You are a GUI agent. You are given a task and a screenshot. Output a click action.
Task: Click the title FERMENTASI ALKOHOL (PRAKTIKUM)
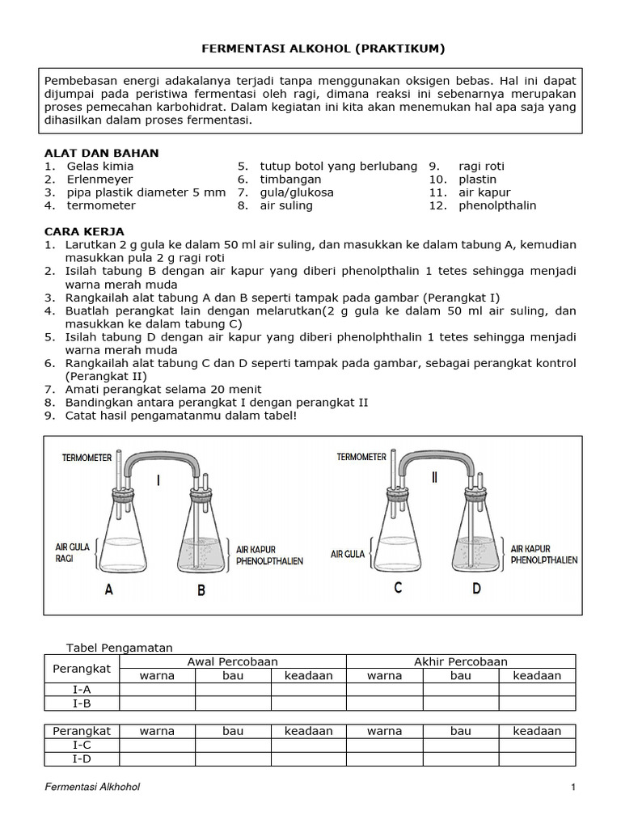click(323, 49)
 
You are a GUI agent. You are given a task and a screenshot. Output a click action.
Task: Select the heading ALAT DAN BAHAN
click(101, 153)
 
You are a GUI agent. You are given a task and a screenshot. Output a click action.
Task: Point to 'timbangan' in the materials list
click(290, 179)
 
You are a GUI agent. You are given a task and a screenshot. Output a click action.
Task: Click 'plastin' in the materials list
click(477, 179)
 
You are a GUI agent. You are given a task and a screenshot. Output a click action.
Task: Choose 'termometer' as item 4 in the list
click(100, 205)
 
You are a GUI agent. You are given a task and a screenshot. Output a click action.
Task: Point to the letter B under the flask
click(201, 590)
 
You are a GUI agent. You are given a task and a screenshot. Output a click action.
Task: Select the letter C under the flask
click(398, 588)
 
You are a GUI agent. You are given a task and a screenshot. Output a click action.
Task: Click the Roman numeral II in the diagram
click(434, 478)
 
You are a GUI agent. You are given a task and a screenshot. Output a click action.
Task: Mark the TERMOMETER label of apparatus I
click(87, 458)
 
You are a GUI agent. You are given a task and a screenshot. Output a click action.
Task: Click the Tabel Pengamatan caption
click(120, 647)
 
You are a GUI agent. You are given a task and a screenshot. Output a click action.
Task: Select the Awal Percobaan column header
click(233, 661)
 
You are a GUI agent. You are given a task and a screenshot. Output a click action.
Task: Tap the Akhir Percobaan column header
click(460, 661)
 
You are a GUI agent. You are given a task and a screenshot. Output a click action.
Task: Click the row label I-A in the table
click(81, 689)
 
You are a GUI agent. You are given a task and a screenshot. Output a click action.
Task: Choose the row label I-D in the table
click(81, 758)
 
